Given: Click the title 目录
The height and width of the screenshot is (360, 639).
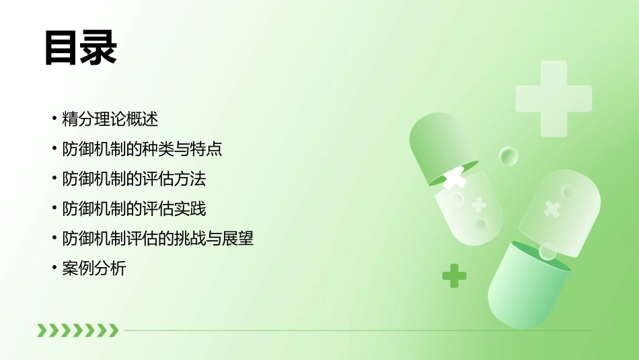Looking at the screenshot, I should (81, 48).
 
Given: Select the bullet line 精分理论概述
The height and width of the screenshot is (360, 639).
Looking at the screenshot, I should (110, 120).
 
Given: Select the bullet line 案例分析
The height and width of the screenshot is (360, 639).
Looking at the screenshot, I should (93, 268).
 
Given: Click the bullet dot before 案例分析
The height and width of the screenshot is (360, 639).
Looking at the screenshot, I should (54, 268).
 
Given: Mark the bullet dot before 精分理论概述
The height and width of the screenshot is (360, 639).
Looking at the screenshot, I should (54, 120).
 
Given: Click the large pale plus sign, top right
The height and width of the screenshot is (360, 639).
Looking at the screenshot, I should (554, 98).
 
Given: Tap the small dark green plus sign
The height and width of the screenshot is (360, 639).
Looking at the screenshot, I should (454, 275).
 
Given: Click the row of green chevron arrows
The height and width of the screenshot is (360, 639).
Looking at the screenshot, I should (77, 330).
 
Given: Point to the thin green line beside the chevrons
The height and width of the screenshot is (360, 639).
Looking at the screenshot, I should (356, 330).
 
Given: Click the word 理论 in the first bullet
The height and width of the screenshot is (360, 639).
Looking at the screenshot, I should (110, 120).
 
